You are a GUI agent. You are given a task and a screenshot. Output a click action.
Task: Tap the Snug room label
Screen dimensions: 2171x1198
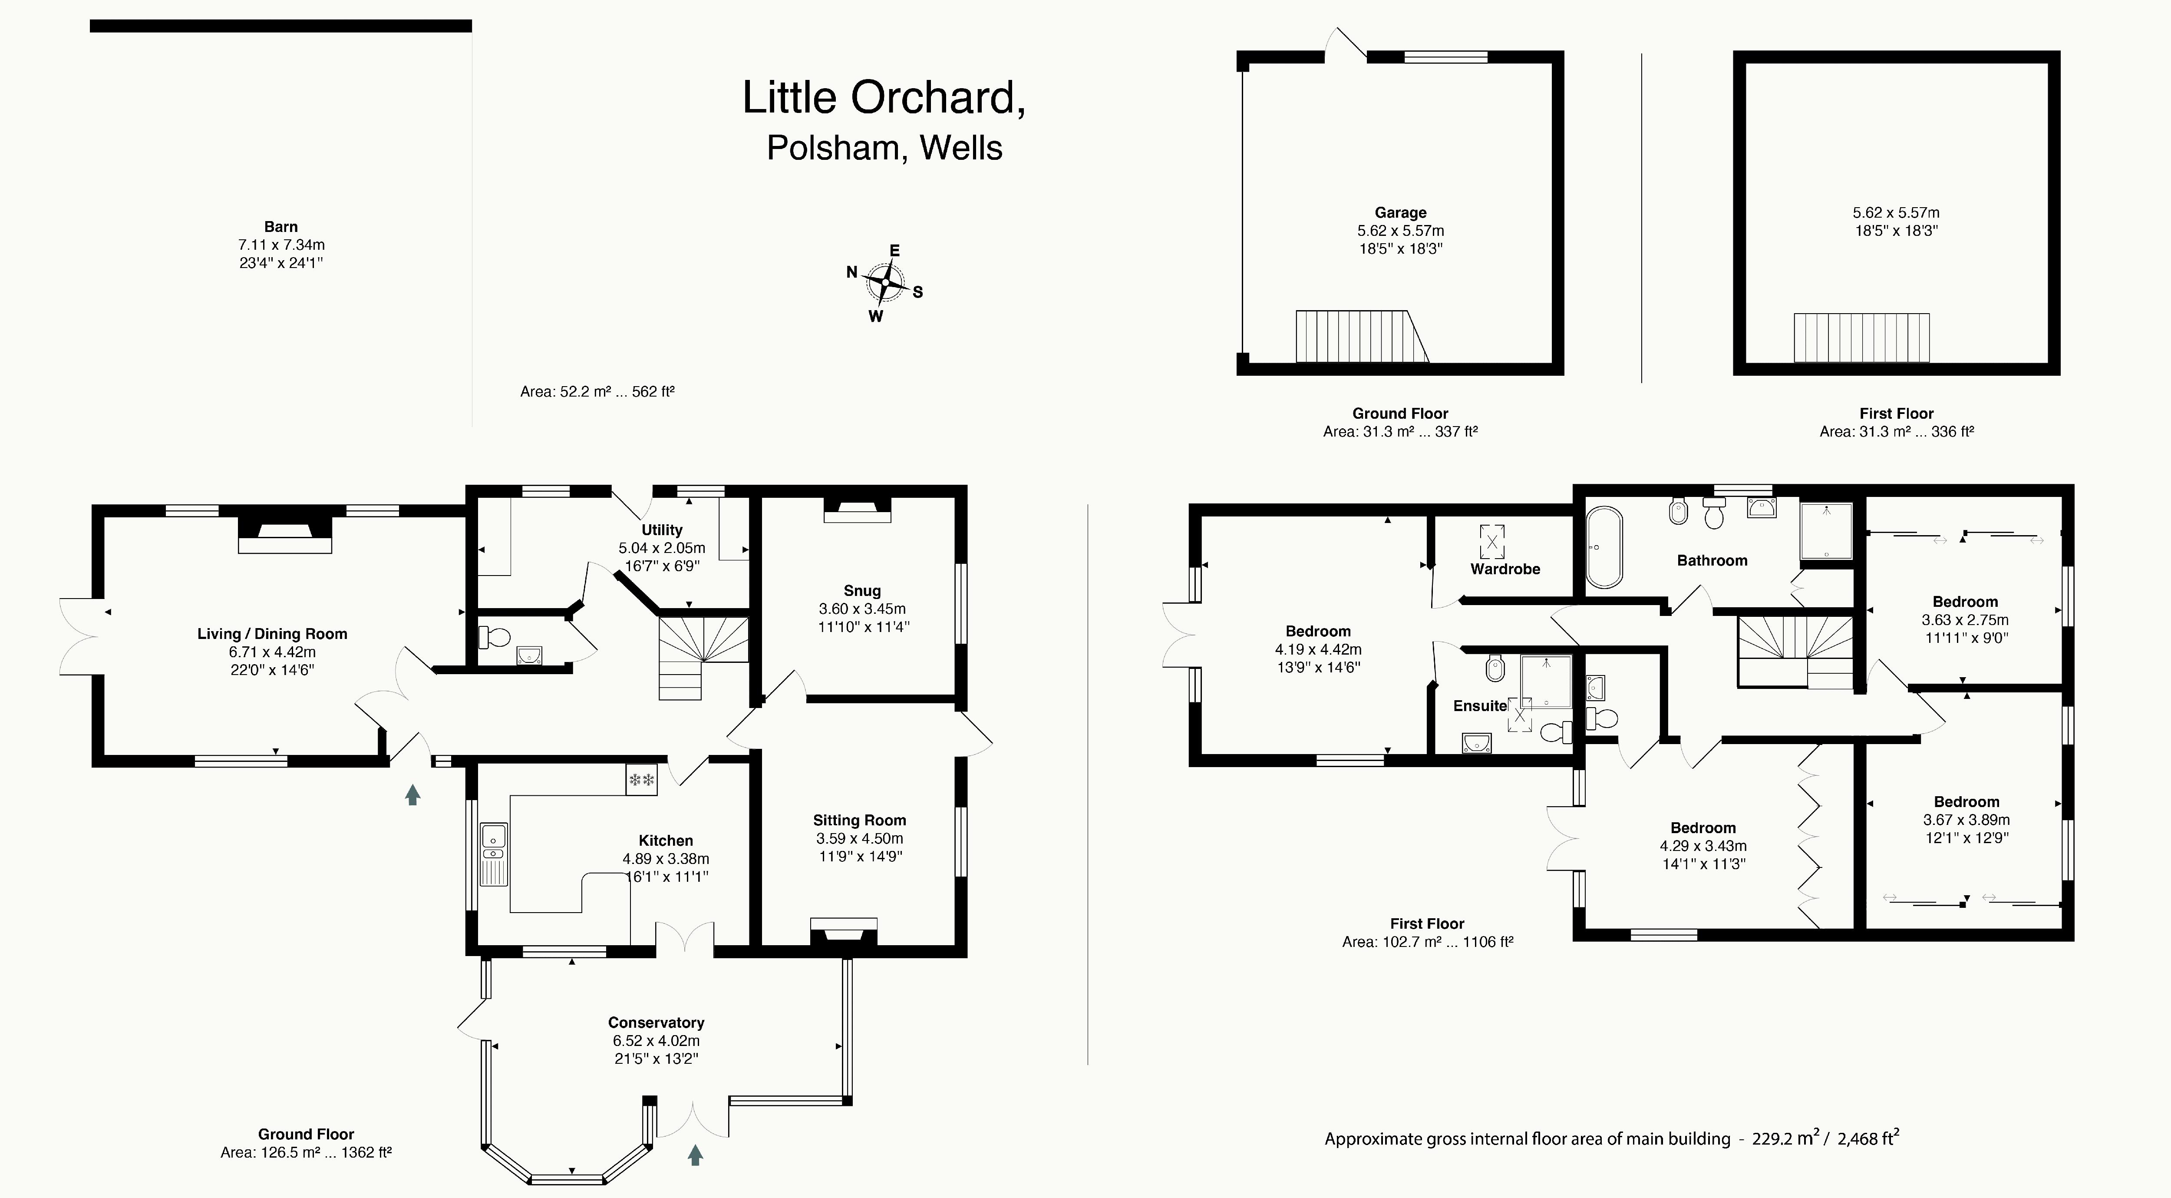point(861,590)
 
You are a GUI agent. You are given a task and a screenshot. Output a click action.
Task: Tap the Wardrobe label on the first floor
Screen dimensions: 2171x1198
point(1505,569)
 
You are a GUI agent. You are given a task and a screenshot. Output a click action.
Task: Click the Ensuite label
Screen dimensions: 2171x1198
point(1480,706)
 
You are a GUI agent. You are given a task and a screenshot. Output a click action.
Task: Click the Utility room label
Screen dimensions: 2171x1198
point(662,530)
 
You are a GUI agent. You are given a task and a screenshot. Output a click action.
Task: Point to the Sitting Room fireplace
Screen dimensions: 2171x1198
point(844,931)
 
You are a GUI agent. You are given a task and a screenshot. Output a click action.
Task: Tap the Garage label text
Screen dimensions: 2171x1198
point(1401,212)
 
